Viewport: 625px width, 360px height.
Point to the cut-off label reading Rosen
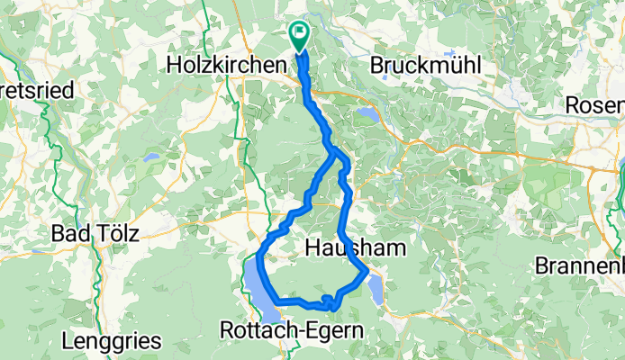[594, 104]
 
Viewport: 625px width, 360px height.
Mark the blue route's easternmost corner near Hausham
[368, 271]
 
